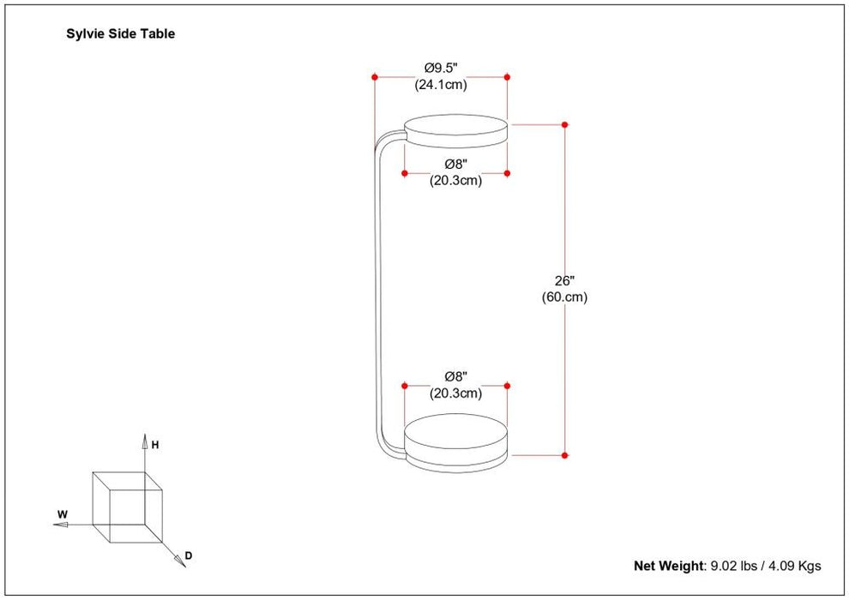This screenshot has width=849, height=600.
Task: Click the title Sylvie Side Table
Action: pyautogui.click(x=121, y=34)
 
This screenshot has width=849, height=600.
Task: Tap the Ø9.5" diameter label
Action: pyautogui.click(x=442, y=68)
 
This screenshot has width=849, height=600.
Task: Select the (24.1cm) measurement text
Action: pyautogui.click(x=442, y=85)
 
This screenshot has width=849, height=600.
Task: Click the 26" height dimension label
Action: pyautogui.click(x=564, y=280)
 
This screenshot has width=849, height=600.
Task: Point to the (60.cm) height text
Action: pyautogui.click(x=564, y=297)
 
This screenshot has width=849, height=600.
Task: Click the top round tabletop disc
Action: pyautogui.click(x=455, y=129)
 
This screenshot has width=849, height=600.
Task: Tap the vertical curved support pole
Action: pyautogui.click(x=375, y=291)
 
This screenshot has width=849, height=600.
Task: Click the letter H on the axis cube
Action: pyautogui.click(x=155, y=445)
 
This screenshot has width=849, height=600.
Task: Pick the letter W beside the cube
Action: pyautogui.click(x=62, y=515)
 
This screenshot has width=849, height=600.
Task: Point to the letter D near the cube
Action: pyautogui.click(x=189, y=556)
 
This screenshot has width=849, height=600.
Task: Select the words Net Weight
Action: pyautogui.click(x=667, y=566)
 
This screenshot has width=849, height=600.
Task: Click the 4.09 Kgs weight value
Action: pyautogui.click(x=797, y=566)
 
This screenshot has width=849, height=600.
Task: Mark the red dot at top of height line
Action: pyautogui.click(x=565, y=125)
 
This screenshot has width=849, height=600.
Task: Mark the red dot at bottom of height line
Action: pyautogui.click(x=565, y=454)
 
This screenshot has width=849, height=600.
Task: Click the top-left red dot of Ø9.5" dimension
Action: pyautogui.click(x=375, y=77)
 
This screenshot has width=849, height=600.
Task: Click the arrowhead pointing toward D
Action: pyautogui.click(x=180, y=561)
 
